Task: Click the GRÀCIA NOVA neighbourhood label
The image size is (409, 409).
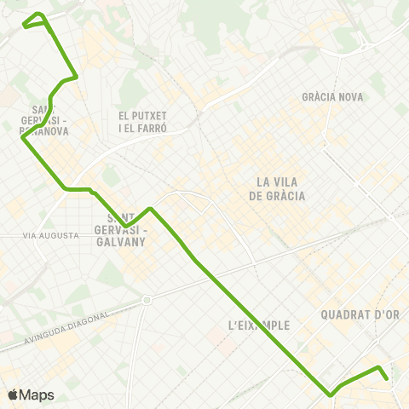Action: pyautogui.click(x=332, y=97)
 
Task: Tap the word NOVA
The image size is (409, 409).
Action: pyautogui.click(x=349, y=97)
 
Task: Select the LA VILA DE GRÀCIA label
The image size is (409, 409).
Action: pyautogui.click(x=277, y=188)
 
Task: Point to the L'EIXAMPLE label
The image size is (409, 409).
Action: pyautogui.click(x=260, y=325)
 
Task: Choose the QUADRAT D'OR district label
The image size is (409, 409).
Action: pyautogui.click(x=360, y=314)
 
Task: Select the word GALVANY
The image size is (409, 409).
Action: pyautogui.click(x=122, y=242)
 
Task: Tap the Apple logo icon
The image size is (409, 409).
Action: pyautogui.click(x=12, y=395)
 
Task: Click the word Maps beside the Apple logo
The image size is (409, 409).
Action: pyautogui.click(x=37, y=395)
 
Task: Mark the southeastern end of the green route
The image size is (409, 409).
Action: pyautogui.click(x=386, y=378)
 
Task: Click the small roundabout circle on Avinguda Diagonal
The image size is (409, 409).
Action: pyautogui.click(x=147, y=300)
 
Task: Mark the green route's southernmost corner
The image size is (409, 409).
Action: pyautogui.click(x=330, y=395)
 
